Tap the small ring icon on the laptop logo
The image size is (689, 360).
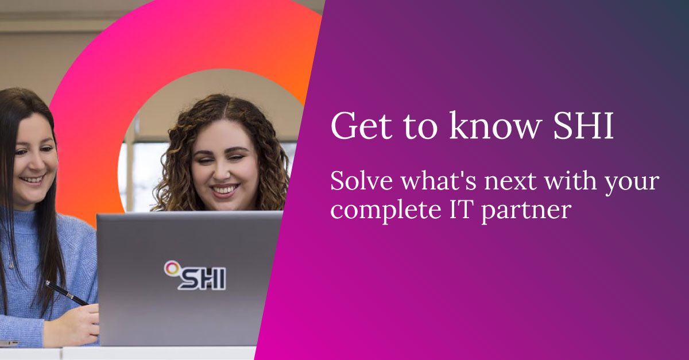coord(170,266)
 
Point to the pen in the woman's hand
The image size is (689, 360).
coord(66,293)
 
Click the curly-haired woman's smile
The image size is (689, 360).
coord(224,189)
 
